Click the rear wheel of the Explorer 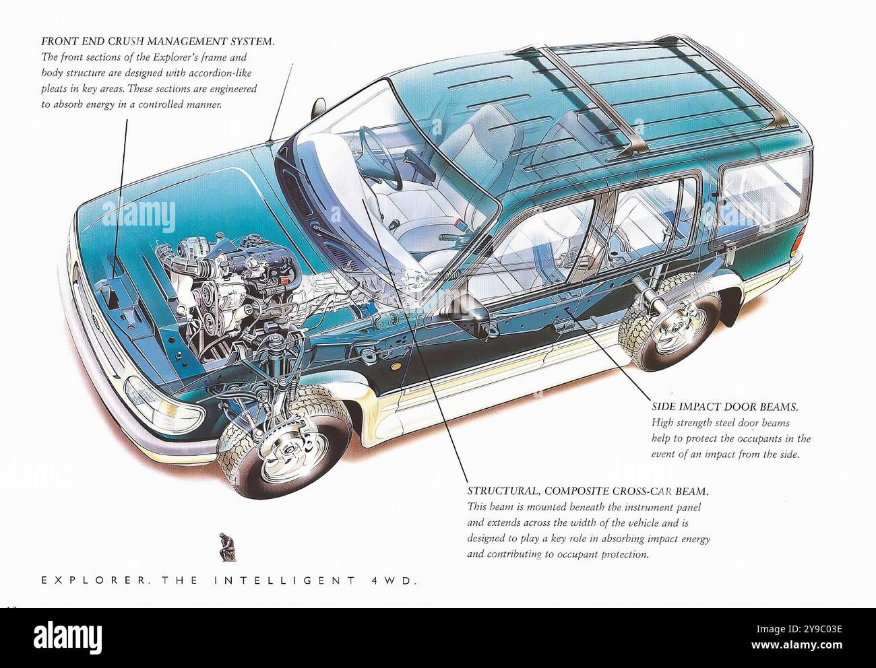point(670,323)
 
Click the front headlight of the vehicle point(164,403)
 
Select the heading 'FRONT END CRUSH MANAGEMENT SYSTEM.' point(158,41)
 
